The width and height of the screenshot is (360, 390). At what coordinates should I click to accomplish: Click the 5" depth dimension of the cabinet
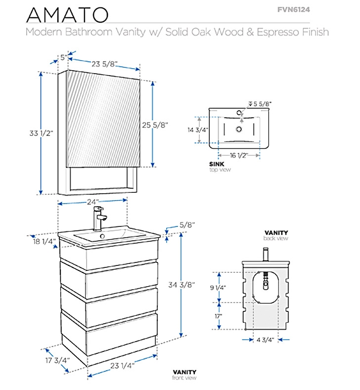click(63, 58)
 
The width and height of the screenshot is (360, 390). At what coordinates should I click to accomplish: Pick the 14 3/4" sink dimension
click(197, 130)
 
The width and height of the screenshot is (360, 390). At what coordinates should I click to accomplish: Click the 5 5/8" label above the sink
click(263, 104)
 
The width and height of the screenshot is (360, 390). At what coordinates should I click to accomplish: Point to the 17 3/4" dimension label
click(57, 360)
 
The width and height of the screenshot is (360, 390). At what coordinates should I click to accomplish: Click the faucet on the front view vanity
click(99, 219)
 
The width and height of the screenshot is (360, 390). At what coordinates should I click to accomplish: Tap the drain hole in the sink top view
click(239, 130)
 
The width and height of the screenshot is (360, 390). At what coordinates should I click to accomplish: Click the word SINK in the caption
click(217, 164)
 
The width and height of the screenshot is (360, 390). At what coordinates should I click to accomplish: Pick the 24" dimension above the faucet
click(93, 202)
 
